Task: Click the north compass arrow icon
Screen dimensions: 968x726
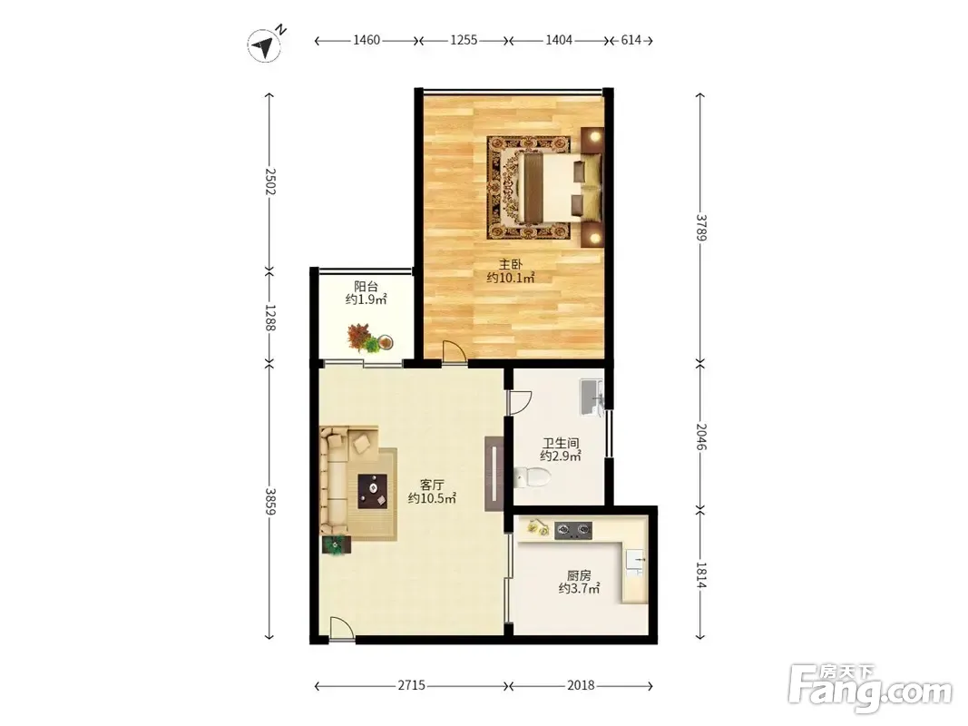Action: point(266,44)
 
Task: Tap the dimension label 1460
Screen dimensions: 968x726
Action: point(367,40)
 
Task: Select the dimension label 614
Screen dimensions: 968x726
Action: point(631,40)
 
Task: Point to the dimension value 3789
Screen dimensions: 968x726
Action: point(700,227)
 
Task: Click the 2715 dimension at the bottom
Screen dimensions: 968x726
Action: point(411,685)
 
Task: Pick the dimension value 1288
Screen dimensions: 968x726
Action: point(269,317)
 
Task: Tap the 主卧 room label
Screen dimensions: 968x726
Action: point(511,265)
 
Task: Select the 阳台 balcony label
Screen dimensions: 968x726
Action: point(367,287)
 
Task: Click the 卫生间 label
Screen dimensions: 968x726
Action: point(561,443)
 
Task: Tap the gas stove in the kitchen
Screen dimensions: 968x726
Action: point(572,530)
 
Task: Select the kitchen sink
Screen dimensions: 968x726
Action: point(635,561)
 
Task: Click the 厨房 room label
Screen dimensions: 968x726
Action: point(579,575)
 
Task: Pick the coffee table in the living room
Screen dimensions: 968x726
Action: point(373,491)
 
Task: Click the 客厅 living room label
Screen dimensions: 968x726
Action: point(432,485)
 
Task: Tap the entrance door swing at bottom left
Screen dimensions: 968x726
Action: point(341,629)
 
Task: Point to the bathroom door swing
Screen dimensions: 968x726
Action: point(520,402)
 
